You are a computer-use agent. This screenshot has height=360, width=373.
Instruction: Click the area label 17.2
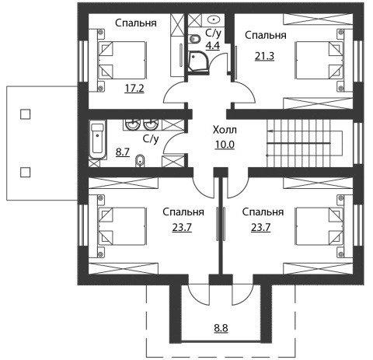pyautogui.click(x=134, y=89)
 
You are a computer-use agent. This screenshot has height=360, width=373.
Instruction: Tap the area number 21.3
pyautogui.click(x=264, y=56)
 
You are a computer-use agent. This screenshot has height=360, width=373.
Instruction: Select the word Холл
pyautogui.click(x=225, y=130)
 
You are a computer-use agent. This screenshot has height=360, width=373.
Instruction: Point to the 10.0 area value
pyautogui.click(x=225, y=145)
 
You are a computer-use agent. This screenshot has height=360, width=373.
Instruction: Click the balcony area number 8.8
pyautogui.click(x=221, y=328)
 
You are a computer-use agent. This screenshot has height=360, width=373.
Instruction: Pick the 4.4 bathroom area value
pyautogui.click(x=212, y=45)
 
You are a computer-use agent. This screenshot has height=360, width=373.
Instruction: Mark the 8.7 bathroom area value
pyautogui.click(x=123, y=152)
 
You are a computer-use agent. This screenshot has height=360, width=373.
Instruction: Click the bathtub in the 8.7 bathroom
pyautogui.click(x=97, y=139)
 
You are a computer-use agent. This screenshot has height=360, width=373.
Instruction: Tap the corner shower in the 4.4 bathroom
pyautogui.click(x=199, y=61)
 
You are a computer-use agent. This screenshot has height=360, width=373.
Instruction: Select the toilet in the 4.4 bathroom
pyautogui.click(x=194, y=40)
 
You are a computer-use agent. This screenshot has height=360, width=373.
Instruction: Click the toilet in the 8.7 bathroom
pyautogui.click(x=140, y=161)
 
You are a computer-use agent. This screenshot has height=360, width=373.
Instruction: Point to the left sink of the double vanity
pyautogui.click(x=132, y=124)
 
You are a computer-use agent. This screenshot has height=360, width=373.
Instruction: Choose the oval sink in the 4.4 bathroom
pyautogui.click(x=214, y=19)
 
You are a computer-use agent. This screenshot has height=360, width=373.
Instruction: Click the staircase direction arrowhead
pyautogui.click(x=270, y=131)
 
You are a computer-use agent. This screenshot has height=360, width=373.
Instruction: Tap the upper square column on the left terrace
pyautogui.click(x=25, y=114)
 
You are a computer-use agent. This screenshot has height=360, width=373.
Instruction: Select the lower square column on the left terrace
pyautogui.click(x=25, y=172)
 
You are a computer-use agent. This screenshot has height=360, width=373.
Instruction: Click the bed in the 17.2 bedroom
pyautogui.click(x=121, y=60)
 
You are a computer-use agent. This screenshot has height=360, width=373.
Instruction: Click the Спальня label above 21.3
pyautogui.click(x=266, y=35)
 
